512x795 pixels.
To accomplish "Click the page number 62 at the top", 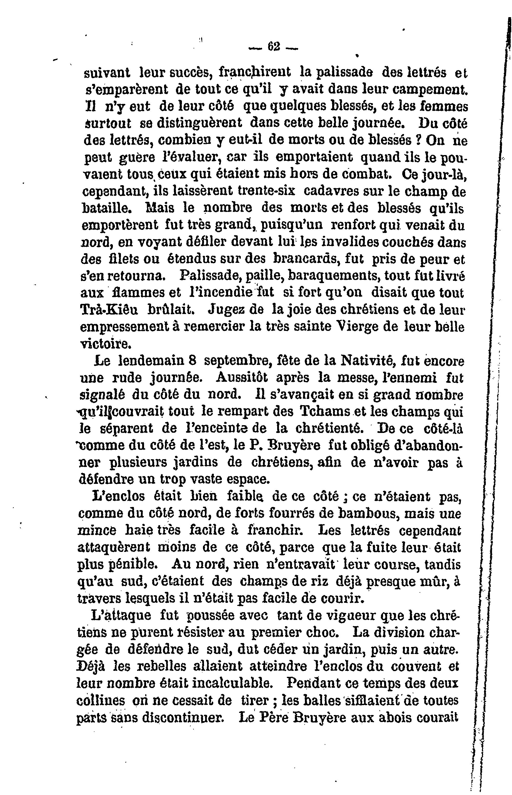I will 274,46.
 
